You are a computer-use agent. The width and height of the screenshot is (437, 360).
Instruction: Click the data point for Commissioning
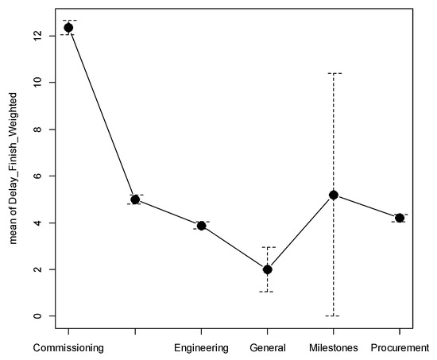(x=68, y=28)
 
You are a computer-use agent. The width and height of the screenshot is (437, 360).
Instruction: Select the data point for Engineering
(x=201, y=226)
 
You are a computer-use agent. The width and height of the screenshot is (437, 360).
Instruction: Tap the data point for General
(x=267, y=269)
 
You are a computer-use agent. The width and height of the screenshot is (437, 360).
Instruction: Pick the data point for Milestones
(x=334, y=195)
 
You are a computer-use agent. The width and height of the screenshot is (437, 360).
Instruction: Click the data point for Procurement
(x=400, y=218)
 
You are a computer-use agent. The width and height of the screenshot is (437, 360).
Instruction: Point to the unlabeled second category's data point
(x=135, y=199)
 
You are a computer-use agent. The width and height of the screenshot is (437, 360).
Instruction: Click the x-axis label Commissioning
(x=68, y=348)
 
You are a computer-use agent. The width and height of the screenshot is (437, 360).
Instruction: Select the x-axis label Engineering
(x=201, y=348)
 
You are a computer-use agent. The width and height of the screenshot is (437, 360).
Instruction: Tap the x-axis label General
(x=267, y=348)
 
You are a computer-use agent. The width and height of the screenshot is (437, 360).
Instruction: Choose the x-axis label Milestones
(x=334, y=348)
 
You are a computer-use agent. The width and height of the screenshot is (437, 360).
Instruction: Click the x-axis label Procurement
(x=400, y=348)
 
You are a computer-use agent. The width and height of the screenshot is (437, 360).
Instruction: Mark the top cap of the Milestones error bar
(x=334, y=73)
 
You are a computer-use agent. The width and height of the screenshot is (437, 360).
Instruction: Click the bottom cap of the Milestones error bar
(x=334, y=315)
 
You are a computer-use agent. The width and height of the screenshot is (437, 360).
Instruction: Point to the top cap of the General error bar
(x=267, y=247)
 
